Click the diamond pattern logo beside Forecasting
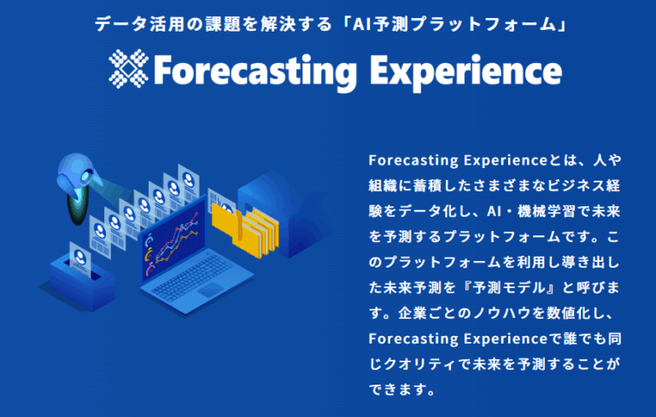(x=128, y=69)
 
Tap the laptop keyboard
(x=192, y=276)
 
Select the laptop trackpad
(x=211, y=289)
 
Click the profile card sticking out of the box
(x=80, y=259)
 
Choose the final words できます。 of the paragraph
(x=402, y=390)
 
